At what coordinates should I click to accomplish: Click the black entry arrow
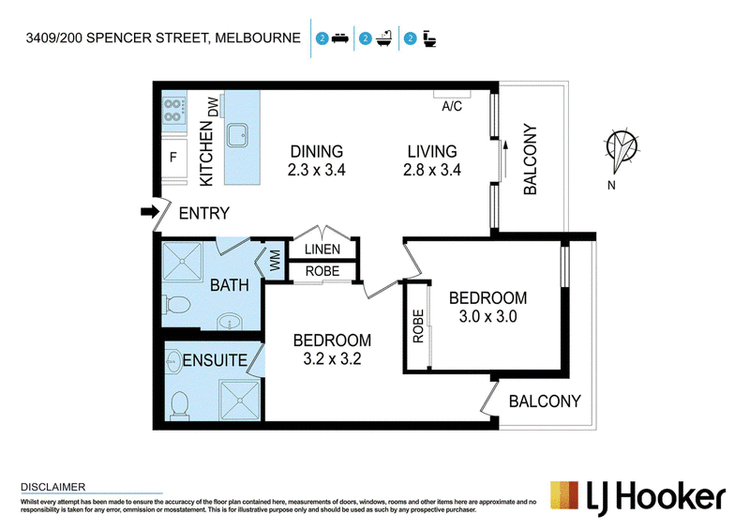click(150, 212)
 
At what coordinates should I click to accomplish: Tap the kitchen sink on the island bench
click(237, 135)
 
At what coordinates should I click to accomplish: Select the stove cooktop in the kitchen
click(174, 110)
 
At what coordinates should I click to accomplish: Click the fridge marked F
click(173, 157)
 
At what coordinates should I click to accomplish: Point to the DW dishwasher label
click(213, 106)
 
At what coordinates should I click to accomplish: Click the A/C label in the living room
click(452, 106)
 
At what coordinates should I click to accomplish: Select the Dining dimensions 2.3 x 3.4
click(316, 170)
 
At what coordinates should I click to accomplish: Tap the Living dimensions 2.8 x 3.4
click(432, 170)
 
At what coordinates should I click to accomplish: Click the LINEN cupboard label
click(322, 249)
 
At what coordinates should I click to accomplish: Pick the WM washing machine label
click(275, 261)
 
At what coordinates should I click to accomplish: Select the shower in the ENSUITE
click(240, 400)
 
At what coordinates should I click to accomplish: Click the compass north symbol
click(622, 149)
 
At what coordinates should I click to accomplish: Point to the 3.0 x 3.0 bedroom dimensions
click(487, 316)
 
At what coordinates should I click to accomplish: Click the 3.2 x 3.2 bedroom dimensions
click(332, 358)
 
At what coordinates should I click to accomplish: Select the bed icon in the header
click(339, 38)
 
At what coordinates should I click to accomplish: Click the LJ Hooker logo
click(638, 498)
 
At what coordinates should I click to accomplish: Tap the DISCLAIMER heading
click(53, 487)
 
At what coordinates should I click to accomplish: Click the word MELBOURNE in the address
click(258, 38)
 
